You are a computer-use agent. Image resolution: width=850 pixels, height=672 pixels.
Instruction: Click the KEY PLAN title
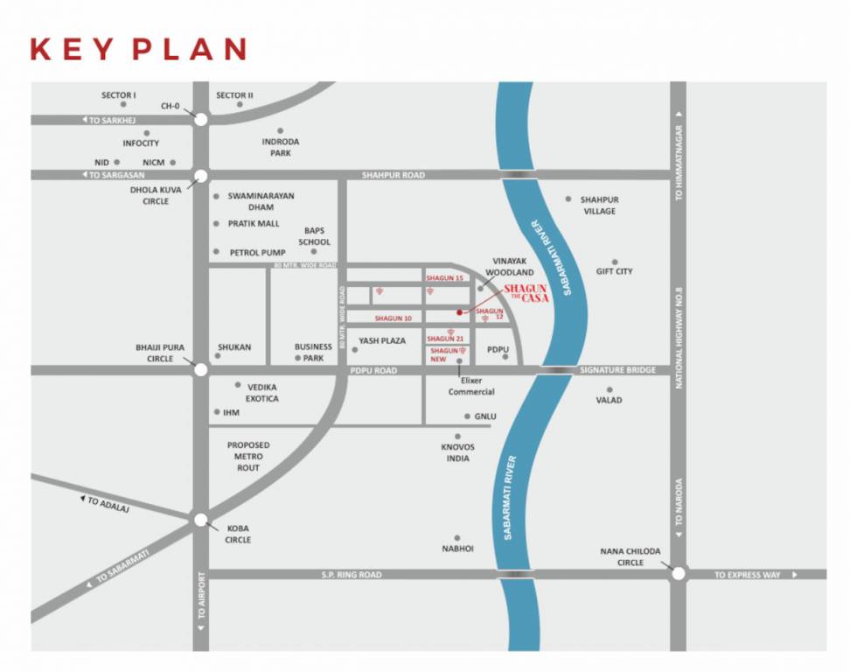138,49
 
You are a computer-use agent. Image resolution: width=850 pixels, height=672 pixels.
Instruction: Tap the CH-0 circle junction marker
201,120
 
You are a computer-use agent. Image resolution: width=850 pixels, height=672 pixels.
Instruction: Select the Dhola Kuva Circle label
150,195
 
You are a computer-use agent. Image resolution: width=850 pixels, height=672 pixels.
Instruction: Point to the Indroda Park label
281,147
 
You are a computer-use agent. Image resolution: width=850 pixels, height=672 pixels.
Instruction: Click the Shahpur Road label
394,175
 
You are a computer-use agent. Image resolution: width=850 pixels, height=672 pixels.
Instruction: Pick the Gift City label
614,271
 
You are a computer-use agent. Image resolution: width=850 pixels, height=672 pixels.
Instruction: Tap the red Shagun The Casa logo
526,293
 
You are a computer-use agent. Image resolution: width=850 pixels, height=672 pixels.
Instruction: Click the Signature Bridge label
617,370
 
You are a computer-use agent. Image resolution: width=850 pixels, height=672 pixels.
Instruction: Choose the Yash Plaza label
382,340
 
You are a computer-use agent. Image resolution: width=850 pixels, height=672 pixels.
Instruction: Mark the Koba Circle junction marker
201,520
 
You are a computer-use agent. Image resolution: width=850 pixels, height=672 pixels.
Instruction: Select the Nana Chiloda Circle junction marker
678,574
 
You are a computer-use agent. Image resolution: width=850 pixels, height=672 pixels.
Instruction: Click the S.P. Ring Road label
352,575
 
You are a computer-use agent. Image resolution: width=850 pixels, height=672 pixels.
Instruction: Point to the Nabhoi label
457,549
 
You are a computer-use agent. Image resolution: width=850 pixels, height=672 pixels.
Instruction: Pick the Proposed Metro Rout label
248,456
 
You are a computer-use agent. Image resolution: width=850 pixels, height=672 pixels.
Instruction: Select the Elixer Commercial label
471,386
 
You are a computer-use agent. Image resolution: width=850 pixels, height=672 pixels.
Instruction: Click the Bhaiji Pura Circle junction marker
201,370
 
